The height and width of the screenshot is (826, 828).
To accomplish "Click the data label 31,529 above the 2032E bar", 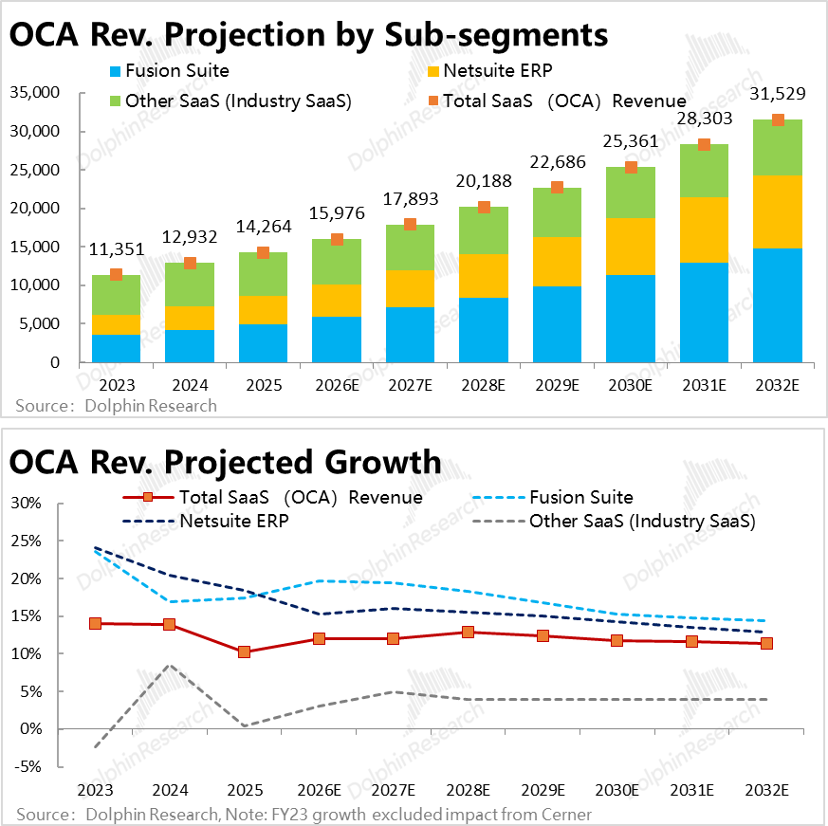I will tap(778, 95).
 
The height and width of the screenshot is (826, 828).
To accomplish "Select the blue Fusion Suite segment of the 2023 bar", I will tap(116, 348).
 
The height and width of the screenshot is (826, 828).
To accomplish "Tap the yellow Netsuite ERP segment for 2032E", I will tap(778, 211).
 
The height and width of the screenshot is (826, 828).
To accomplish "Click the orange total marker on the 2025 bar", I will tap(263, 252).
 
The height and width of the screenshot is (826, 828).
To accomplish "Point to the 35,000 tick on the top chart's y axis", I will tap(33, 93).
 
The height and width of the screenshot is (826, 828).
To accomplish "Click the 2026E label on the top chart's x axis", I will tap(337, 386).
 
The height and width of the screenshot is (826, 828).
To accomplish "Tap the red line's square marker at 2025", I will tap(244, 652).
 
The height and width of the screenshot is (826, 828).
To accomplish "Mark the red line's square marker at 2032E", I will tap(766, 643).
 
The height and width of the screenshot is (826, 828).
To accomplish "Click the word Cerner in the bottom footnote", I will tap(566, 815).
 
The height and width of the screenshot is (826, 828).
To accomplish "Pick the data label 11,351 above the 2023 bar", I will tap(116, 250).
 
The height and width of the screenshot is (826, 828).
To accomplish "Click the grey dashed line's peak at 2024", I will tap(169, 665).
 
